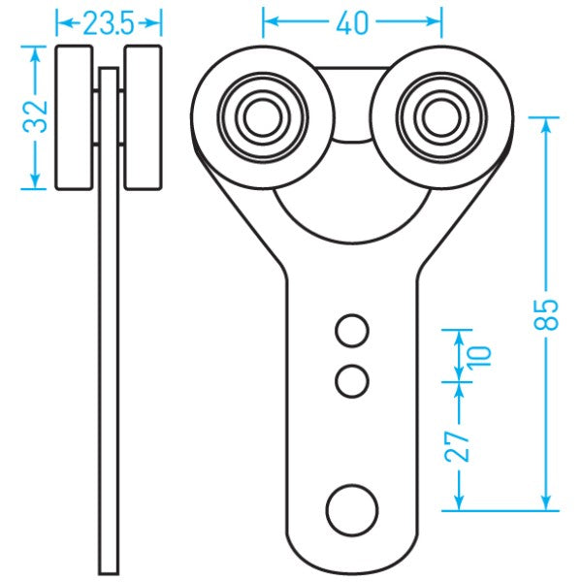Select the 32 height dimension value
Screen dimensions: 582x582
pos(35,117)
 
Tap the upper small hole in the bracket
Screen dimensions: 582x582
pos(352,332)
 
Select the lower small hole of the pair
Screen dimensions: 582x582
pos(352,380)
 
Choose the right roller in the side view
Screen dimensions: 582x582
pos(143,117)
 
